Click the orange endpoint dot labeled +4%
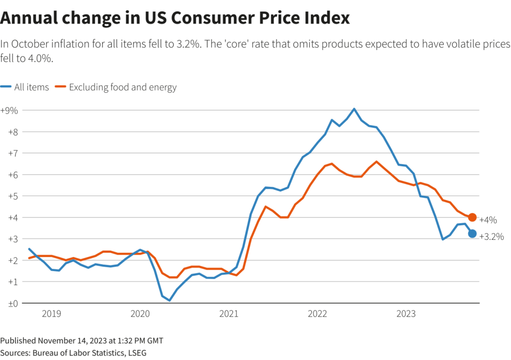pyautogui.click(x=472, y=217)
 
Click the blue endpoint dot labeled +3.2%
pyautogui.click(x=472, y=234)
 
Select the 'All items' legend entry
pyautogui.click(x=25, y=87)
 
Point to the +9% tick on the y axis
pyautogui.click(x=9, y=110)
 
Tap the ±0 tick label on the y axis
pyautogui.click(x=9, y=303)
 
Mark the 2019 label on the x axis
pyautogui.click(x=51, y=314)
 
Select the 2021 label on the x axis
pyautogui.click(x=229, y=314)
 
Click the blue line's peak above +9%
pyautogui.click(x=354, y=109)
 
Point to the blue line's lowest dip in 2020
pyautogui.click(x=170, y=301)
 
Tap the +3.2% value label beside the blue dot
pyautogui.click(x=491, y=237)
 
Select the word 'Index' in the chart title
pyautogui.click(x=327, y=18)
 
